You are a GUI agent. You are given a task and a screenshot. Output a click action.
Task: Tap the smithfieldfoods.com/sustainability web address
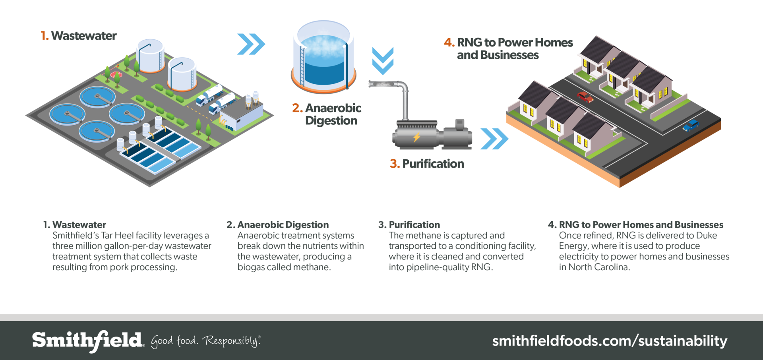[610, 341]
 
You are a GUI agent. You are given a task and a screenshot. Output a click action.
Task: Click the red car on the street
[585, 97]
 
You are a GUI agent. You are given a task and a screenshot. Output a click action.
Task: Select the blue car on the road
[691, 126]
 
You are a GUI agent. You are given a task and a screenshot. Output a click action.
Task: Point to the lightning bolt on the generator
[416, 137]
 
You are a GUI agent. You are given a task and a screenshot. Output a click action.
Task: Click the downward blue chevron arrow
[383, 61]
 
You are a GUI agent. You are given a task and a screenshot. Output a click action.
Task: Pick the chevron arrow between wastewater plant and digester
[251, 44]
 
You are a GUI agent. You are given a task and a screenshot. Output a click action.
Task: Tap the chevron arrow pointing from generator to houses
[494, 139]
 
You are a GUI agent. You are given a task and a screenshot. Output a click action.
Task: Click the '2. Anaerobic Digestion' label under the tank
[327, 114]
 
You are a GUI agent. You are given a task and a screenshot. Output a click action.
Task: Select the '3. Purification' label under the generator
[427, 164]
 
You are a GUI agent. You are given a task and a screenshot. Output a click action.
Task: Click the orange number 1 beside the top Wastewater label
[44, 36]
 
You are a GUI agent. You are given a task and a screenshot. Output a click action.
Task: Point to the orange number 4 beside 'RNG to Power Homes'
[449, 43]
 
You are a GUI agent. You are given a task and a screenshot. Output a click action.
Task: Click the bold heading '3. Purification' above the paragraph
[409, 225]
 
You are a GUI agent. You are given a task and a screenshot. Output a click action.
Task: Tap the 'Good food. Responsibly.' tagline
[205, 341]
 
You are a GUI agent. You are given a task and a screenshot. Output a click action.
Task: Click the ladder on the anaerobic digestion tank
[302, 66]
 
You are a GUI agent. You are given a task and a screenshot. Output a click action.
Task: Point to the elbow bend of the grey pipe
[403, 87]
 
